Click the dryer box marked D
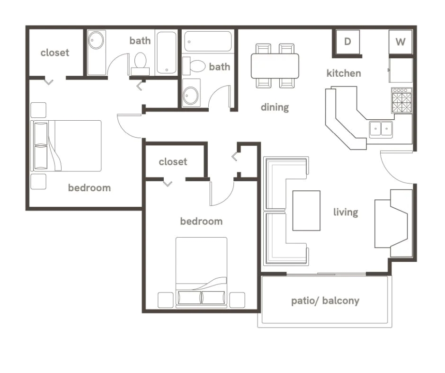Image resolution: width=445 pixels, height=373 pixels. click(x=347, y=42)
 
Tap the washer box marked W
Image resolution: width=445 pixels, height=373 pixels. click(x=400, y=42)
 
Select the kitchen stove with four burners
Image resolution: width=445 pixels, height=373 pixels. click(x=401, y=100)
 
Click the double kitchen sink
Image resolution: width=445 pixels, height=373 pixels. click(x=381, y=129)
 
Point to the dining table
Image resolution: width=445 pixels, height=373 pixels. click(x=275, y=66)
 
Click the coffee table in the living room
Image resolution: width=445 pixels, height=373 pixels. click(x=306, y=211)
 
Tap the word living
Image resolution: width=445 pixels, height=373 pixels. click(x=346, y=212)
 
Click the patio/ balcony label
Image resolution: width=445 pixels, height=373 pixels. click(x=325, y=301)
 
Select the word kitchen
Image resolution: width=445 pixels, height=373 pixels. click(x=344, y=73)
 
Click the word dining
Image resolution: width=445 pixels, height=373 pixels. click(x=275, y=107)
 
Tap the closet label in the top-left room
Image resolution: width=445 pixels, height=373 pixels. click(x=55, y=53)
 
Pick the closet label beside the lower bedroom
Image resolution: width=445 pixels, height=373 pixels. click(x=173, y=162)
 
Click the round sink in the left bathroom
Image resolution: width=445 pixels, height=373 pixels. click(x=96, y=40)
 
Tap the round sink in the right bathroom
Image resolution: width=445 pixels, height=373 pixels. click(x=191, y=95)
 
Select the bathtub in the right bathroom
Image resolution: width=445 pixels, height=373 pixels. click(x=208, y=42)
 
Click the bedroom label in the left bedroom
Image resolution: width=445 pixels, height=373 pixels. click(x=89, y=188)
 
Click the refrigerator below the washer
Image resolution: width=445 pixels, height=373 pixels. click(x=400, y=70)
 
